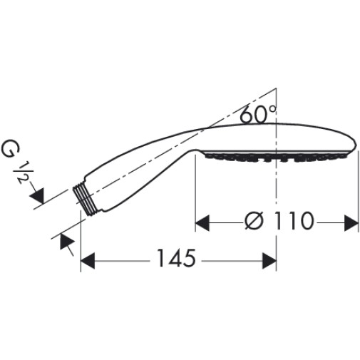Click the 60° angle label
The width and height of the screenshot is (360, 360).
point(258,114)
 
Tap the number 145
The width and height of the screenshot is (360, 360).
point(176,258)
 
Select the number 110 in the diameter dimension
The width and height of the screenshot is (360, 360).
point(293,221)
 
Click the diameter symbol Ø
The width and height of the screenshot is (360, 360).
point(254,221)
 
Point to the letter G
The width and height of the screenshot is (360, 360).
point(11,150)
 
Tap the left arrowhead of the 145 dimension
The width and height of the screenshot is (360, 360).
point(88,261)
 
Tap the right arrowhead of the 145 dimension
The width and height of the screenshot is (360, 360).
point(269,261)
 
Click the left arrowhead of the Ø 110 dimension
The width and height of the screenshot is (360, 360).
point(202,223)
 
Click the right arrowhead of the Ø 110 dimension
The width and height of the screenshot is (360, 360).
point(351,223)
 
